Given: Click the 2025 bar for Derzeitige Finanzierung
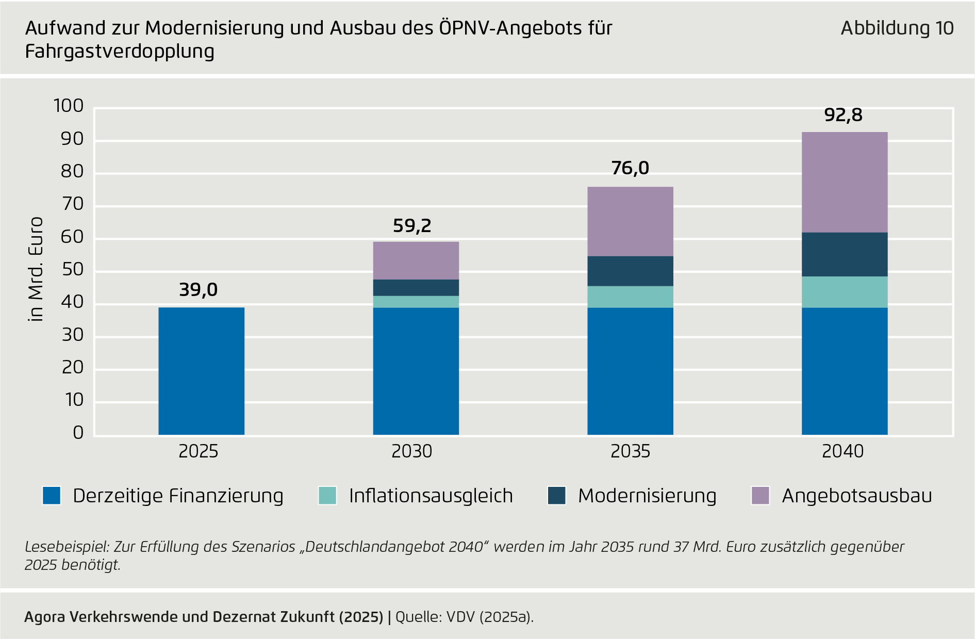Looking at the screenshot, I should pyautogui.click(x=201, y=371).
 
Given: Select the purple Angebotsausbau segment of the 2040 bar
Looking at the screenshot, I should pyautogui.click(x=845, y=182).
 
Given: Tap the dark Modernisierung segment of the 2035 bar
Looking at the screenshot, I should pyautogui.click(x=630, y=271).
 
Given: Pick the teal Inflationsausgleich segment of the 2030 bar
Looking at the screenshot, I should pyautogui.click(x=416, y=302).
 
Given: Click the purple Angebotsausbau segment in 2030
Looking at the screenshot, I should pyautogui.click(x=416, y=260).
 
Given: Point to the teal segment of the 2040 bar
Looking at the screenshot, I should pyautogui.click(x=845, y=292).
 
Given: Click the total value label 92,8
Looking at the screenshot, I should pyautogui.click(x=843, y=115).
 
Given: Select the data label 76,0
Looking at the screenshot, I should pyautogui.click(x=630, y=168).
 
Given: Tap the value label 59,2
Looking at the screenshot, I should pyautogui.click(x=411, y=226).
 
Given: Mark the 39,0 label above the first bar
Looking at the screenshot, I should pyautogui.click(x=198, y=290).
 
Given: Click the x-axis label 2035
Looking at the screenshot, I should pyautogui.click(x=630, y=451).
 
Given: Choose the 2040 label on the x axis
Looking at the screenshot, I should pyautogui.click(x=842, y=451).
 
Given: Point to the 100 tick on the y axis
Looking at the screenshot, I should pyautogui.click(x=69, y=106).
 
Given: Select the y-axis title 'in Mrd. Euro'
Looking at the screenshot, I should pyautogui.click(x=36, y=269).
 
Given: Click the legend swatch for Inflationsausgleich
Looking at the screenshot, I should pyautogui.click(x=327, y=496).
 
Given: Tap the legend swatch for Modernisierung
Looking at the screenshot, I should pyautogui.click(x=556, y=496).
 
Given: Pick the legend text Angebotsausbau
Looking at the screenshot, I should pyautogui.click(x=856, y=496).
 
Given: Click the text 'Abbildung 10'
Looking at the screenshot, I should pyautogui.click(x=897, y=28).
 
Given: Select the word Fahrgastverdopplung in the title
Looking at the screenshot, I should pyautogui.click(x=120, y=52).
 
